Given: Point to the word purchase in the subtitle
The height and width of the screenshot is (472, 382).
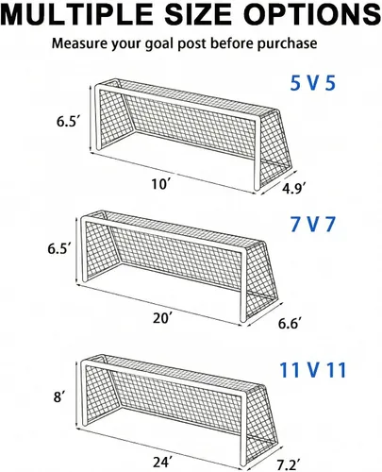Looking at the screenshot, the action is tap(287, 43).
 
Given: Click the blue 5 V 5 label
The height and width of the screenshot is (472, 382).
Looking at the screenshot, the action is tap(313, 84).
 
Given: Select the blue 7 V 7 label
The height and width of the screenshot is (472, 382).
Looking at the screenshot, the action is tap(313, 225).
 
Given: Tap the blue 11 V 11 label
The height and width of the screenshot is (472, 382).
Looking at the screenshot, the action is tap(313, 370).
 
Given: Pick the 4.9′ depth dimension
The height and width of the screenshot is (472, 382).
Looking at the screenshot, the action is tap(292, 189).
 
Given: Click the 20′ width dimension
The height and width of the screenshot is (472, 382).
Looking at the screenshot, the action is tap(163, 318).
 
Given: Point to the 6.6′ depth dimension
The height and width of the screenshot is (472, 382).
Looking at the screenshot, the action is tap(290, 323).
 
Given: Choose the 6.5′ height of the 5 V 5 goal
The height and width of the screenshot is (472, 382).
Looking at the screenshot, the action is tap(67, 122).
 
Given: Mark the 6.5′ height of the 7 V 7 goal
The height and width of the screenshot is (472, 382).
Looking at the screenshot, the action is tap(58, 249).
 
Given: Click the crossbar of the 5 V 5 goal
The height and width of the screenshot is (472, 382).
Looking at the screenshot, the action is tap(177, 104).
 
